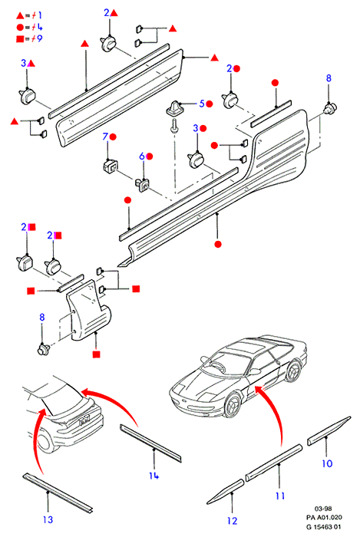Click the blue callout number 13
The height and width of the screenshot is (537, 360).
pos(48,519)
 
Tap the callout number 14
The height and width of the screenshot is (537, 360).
pos(154,476)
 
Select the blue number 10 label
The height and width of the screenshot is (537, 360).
pos(327,463)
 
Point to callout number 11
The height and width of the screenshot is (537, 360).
pos(280,496)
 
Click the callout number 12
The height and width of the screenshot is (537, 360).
pos(233,521)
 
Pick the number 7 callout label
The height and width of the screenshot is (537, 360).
pos(105,137)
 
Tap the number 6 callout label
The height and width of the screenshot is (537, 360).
pos(142,156)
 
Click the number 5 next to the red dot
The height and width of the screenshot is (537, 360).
pos(202,104)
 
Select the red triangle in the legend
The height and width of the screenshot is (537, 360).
pos(20,15)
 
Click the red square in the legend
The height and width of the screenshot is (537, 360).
pos(20,38)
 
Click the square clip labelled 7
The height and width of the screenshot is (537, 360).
pos(110,166)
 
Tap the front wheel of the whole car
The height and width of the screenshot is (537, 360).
pos(233,404)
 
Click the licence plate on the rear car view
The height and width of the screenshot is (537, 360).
pos(84,419)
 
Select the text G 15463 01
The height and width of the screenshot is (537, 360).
pos(324,527)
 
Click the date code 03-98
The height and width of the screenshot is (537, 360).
pos(323,509)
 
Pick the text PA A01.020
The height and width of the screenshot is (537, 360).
pos(324,518)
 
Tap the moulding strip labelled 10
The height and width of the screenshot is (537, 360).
pos(329,430)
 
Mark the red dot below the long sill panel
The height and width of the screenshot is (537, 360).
pos(218,244)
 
